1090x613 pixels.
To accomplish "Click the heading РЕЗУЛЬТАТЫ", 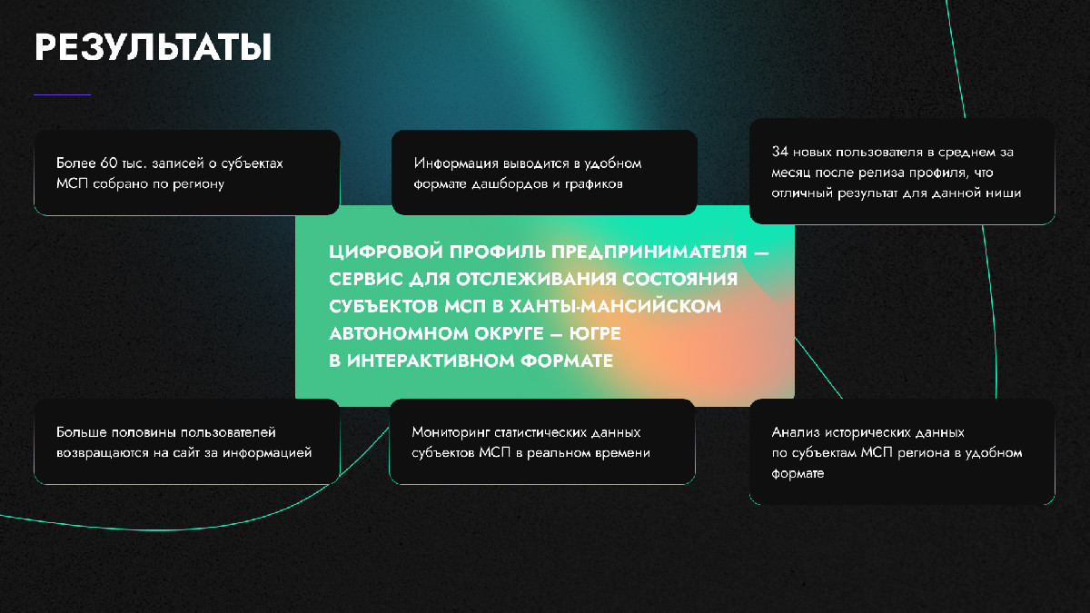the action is tap(153, 47).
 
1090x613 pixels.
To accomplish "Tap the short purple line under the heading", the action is tap(63, 94).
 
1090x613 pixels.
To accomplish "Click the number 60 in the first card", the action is tap(109, 163).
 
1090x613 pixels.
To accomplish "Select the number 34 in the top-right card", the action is tap(779, 152).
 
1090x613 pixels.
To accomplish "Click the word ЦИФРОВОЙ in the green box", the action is tap(386, 252).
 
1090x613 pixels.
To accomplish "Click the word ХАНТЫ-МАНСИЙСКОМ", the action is tap(615, 307).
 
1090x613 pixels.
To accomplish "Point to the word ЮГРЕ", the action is tap(595, 334).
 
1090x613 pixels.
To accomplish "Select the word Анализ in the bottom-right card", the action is tap(791, 432).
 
